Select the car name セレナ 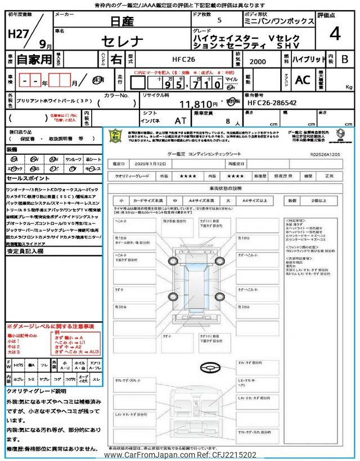122,42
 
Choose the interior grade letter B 345,58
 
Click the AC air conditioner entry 303,80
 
